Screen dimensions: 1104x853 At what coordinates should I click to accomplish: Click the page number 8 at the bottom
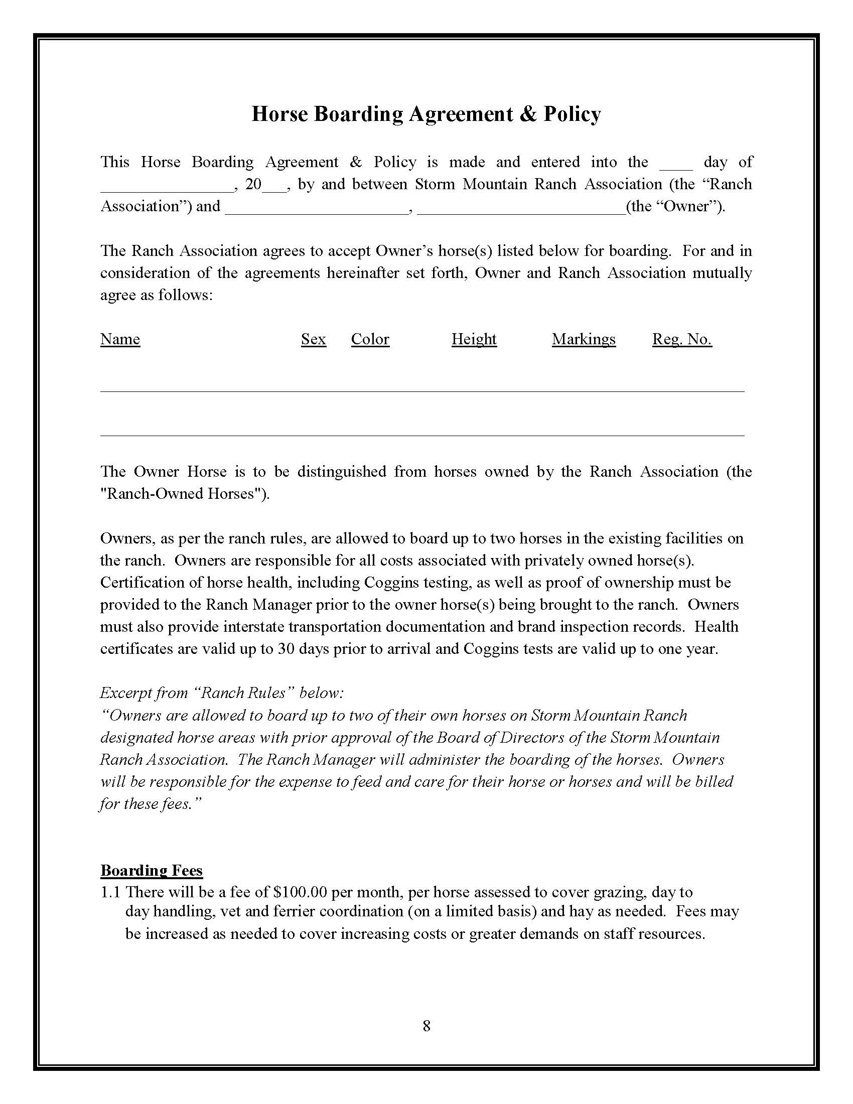coord(426,1026)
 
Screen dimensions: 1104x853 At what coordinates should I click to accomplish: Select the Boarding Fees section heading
coord(151,870)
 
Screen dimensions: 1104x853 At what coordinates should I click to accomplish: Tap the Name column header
coord(120,339)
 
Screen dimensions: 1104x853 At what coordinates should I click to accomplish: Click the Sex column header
coord(313,339)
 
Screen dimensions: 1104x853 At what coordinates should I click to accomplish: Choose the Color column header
coord(370,339)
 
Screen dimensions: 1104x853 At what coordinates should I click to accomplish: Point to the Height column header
coord(474,339)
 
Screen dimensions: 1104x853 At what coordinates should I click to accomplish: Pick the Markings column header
coord(584,339)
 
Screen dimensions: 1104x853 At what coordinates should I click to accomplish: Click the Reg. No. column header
coord(682,339)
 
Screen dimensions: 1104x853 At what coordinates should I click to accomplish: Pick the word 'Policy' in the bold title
coord(572,114)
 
